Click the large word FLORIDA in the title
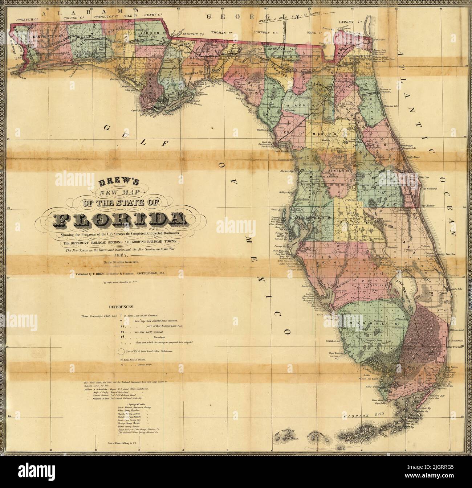[119, 218]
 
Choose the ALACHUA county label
[299, 105]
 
